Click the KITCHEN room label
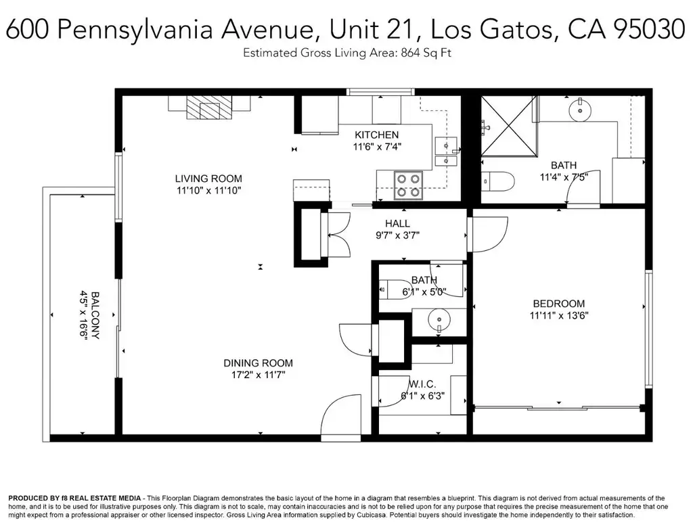point(376,135)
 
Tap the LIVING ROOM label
point(208,179)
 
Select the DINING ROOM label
point(258,363)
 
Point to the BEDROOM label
point(559,304)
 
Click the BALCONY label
point(95,315)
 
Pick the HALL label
point(397,223)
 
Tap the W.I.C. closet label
point(422,384)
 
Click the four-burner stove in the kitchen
point(408,185)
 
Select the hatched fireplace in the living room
point(209,108)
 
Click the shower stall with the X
point(509,126)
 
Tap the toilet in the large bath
point(497,181)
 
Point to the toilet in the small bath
point(395,290)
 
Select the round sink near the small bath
point(439,319)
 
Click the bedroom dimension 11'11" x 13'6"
point(559,315)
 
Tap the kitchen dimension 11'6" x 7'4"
point(377,147)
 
